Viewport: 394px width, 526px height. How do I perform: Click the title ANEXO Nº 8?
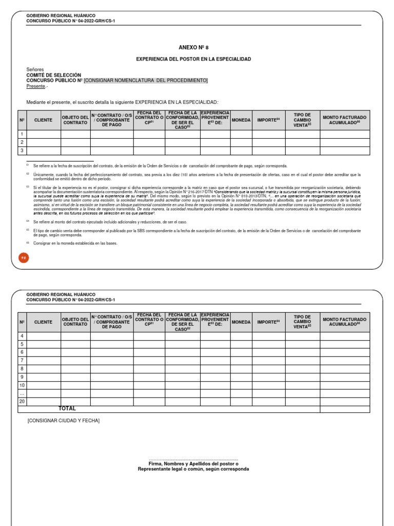pos(193,47)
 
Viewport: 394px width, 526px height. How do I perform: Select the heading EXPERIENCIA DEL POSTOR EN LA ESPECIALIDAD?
pos(193,59)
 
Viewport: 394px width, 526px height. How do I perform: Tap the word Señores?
pos(35,69)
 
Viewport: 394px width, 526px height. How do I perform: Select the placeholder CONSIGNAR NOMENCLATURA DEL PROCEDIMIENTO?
pos(146,81)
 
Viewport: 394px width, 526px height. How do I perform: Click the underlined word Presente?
pos(36,86)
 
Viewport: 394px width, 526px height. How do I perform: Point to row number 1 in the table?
pos(22,134)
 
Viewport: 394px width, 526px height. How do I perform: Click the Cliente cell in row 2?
pos(44,142)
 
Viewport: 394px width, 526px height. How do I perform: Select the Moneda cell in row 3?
pos(241,151)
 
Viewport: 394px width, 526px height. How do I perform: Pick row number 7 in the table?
pos(22,361)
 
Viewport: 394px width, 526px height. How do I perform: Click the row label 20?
pos(22,402)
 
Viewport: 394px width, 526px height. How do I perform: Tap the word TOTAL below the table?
pos(67,409)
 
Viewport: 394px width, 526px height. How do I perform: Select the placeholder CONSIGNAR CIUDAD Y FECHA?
pos(64,421)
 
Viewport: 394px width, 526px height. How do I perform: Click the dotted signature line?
pos(193,459)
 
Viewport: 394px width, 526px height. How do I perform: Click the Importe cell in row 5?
pos(268,344)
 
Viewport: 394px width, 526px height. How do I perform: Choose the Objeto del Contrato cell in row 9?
pos(75,377)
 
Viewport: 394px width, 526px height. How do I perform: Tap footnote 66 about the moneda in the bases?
pos(75,243)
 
